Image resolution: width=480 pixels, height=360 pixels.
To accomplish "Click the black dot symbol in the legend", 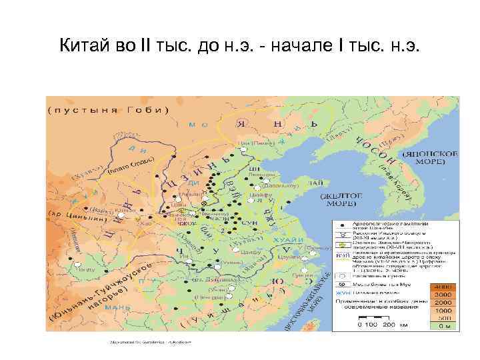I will pyautogui.click(x=341, y=227).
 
